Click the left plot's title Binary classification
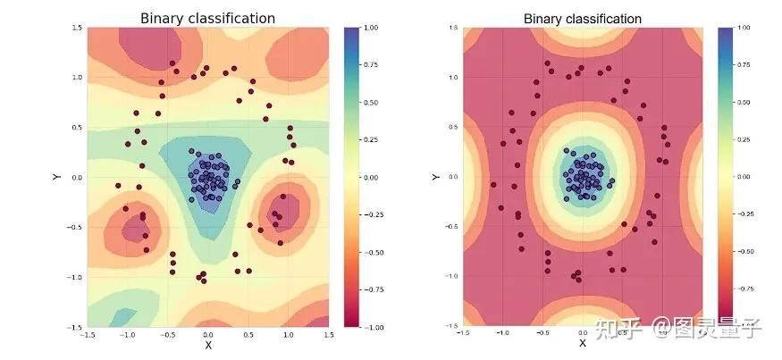click(x=207, y=18)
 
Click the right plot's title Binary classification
click(x=582, y=18)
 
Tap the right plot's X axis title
click(x=582, y=343)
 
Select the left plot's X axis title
click(x=208, y=345)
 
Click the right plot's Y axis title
click(x=435, y=177)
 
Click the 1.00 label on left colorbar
click(x=374, y=27)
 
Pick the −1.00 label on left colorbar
click(x=374, y=328)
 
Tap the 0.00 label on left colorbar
click(x=374, y=178)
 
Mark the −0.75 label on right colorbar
click(x=744, y=289)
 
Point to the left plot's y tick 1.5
click(x=77, y=28)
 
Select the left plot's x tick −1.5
click(x=87, y=335)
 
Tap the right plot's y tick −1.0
click(x=451, y=276)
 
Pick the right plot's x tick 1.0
click(x=662, y=332)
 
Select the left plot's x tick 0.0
click(x=208, y=335)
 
